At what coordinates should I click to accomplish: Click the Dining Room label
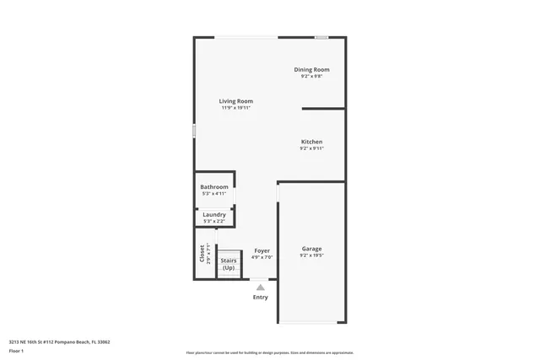(x=311, y=69)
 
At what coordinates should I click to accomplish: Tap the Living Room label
(x=236, y=101)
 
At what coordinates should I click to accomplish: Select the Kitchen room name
(x=311, y=142)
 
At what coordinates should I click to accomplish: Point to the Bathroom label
(x=214, y=187)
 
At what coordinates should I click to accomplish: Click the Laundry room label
(x=214, y=214)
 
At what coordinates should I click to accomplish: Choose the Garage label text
(x=311, y=249)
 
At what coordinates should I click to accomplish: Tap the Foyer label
(x=262, y=250)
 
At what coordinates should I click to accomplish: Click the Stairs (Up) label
(x=229, y=264)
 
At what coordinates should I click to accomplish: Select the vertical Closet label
(x=202, y=253)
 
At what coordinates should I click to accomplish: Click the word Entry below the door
(x=261, y=297)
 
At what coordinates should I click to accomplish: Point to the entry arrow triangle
(x=261, y=287)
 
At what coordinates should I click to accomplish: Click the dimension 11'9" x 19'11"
(x=236, y=108)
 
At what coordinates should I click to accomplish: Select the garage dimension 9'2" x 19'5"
(x=311, y=255)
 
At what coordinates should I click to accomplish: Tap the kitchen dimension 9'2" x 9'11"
(x=311, y=148)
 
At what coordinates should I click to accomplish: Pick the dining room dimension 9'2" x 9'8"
(x=311, y=76)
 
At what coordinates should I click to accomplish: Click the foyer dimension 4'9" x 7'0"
(x=262, y=257)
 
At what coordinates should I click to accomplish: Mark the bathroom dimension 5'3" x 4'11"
(x=214, y=194)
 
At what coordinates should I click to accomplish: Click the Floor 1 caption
(x=16, y=350)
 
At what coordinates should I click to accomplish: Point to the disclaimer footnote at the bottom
(x=269, y=352)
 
